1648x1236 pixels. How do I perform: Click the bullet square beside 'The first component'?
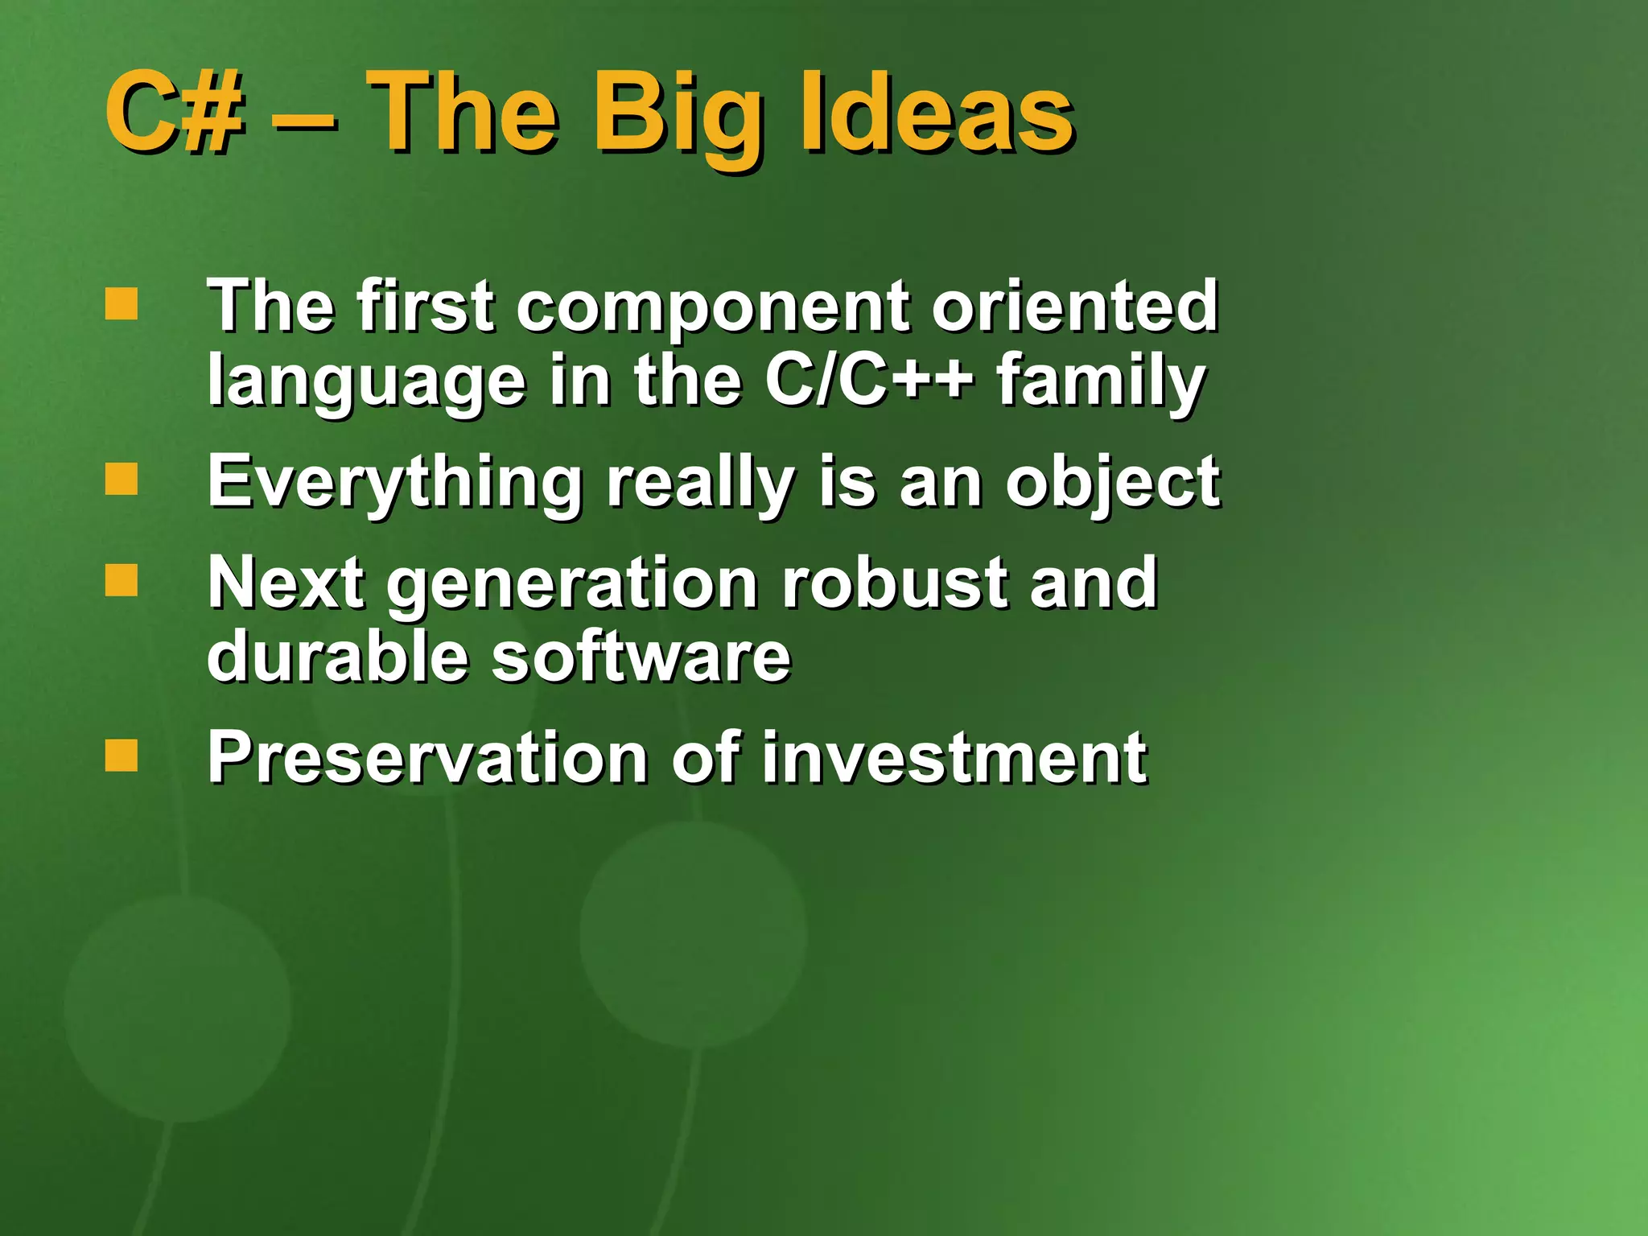click(122, 304)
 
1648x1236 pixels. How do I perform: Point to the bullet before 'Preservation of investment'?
click(122, 755)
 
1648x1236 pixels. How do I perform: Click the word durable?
click(338, 657)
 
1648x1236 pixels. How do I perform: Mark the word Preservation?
click(427, 758)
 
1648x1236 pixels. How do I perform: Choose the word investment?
click(954, 758)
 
